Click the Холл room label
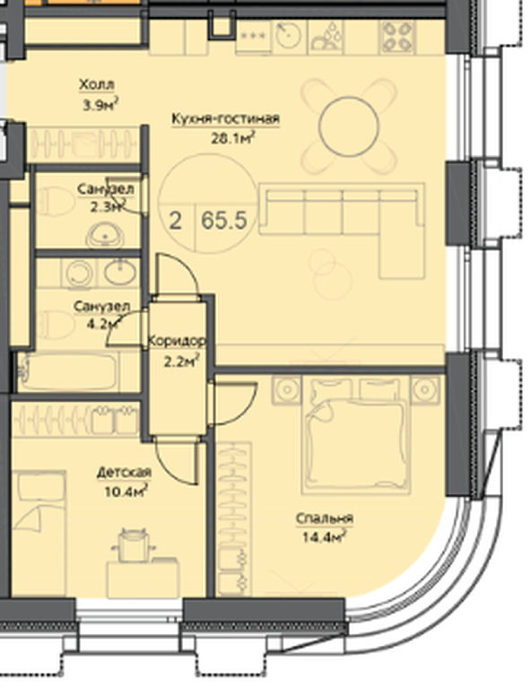point(97,84)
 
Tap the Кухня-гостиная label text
point(225,119)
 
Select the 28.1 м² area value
point(233,138)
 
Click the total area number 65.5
point(224,220)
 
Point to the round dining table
point(349,126)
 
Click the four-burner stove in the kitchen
point(397,37)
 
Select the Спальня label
point(324,519)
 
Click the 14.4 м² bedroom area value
point(324,536)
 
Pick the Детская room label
point(124,473)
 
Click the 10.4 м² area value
point(126,491)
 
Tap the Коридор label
point(177,341)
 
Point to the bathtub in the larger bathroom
point(68,371)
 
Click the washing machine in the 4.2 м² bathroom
point(79,274)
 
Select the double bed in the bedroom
point(356,435)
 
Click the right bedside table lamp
point(425,389)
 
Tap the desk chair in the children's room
point(134,545)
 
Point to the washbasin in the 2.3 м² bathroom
point(105,235)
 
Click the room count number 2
point(175,221)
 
